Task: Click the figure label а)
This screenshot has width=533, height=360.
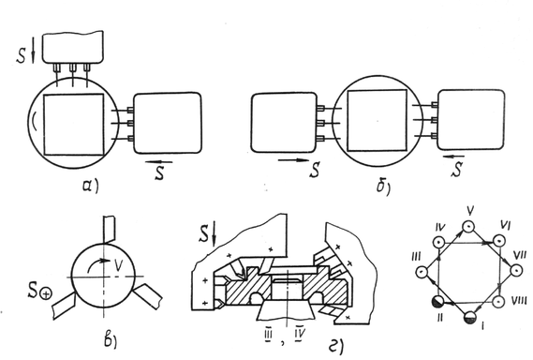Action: (x=91, y=186)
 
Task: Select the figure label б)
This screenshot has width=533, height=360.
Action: (x=383, y=187)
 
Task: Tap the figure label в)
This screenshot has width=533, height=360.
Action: (x=111, y=340)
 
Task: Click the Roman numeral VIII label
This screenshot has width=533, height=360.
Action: (x=519, y=301)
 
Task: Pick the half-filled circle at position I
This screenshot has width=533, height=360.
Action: (x=471, y=317)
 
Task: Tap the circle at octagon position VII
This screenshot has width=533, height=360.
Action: (x=516, y=271)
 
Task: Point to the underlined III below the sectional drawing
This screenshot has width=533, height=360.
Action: (x=268, y=335)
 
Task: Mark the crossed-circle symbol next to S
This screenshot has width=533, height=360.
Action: (x=46, y=293)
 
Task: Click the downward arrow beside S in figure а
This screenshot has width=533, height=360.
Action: (x=33, y=54)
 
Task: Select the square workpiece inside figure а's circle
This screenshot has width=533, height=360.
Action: (x=74, y=125)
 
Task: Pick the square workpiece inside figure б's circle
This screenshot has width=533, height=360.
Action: (x=377, y=120)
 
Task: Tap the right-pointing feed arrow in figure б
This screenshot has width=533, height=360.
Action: (x=294, y=160)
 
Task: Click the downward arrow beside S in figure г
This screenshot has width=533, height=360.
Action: (x=214, y=235)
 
